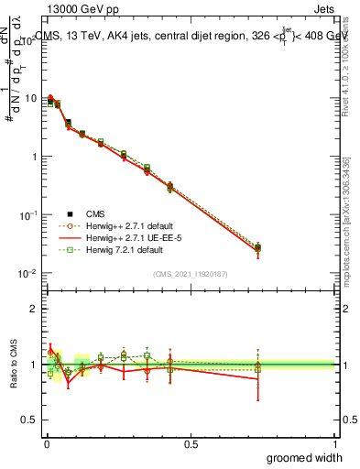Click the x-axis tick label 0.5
191,444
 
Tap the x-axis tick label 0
47,444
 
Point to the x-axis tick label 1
335,444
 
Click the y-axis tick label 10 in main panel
32,98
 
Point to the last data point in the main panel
257,248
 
